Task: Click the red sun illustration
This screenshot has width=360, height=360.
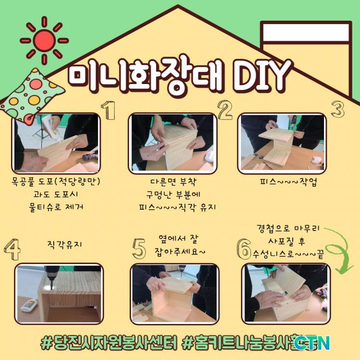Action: [x=44, y=41]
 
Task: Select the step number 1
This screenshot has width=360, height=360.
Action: [x=108, y=110]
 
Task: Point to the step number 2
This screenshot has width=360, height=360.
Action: [x=225, y=110]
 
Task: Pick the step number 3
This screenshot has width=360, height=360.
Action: [x=338, y=109]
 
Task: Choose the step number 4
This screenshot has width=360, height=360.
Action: [x=12, y=249]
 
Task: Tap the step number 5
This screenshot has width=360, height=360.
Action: [x=139, y=249]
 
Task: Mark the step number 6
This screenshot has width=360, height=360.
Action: [x=243, y=249]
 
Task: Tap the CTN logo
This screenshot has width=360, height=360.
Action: [x=312, y=343]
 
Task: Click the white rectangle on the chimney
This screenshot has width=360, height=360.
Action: [x=306, y=32]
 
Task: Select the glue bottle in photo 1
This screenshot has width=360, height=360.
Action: [x=51, y=127]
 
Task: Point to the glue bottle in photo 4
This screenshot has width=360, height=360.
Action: [x=29, y=304]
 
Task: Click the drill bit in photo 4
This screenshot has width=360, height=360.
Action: [x=51, y=284]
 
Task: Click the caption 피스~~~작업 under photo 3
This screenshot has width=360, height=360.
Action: [x=288, y=182]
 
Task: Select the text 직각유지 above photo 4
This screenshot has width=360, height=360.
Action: [x=64, y=244]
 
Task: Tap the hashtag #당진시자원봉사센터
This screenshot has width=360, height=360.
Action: [x=109, y=343]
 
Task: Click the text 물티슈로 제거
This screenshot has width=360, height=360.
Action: [x=56, y=207]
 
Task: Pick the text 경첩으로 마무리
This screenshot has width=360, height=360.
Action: [x=288, y=228]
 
